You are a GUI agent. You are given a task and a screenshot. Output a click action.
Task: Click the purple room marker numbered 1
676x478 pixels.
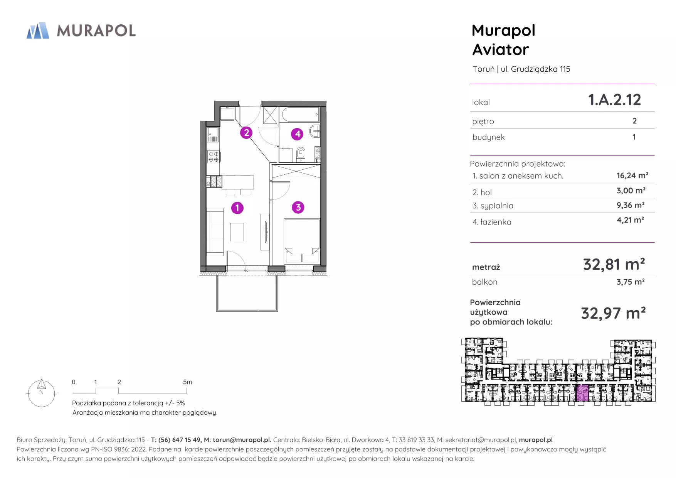(237, 208)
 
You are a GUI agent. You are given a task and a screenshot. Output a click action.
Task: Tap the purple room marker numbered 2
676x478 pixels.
(246, 133)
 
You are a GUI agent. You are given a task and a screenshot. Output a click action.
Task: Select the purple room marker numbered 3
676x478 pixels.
(298, 208)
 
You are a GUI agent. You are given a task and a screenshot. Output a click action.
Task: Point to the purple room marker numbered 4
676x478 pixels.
(297, 134)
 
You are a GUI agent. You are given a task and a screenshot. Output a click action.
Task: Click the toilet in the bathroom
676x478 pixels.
(301, 154)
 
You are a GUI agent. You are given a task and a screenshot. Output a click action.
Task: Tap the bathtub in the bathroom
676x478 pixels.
(300, 115)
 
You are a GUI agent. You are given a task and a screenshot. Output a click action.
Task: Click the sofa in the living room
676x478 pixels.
(215, 232)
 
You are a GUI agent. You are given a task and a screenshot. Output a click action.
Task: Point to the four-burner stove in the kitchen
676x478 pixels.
(214, 157)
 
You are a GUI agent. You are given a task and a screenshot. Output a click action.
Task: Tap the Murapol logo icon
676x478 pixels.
(38, 30)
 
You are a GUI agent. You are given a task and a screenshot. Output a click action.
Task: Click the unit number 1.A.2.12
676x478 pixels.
(614, 100)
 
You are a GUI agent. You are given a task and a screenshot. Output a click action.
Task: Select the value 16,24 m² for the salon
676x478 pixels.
(632, 176)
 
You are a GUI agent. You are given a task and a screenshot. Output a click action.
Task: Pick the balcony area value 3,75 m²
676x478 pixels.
(631, 282)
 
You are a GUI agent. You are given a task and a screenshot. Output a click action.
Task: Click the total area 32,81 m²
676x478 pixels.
(614, 265)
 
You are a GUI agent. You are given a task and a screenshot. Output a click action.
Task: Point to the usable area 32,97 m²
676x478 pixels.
(613, 313)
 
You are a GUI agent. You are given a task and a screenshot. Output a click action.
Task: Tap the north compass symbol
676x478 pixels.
(41, 393)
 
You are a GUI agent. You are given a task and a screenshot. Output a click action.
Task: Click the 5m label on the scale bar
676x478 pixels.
(187, 382)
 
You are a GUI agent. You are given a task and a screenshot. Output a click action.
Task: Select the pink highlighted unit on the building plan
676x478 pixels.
(582, 393)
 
